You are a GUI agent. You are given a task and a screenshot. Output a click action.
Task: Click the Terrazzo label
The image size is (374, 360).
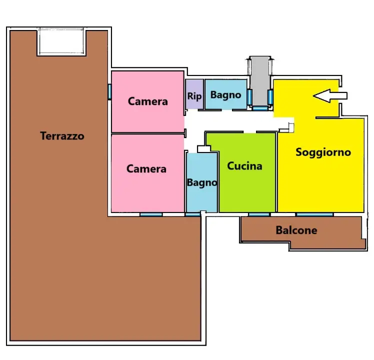tap(62, 136)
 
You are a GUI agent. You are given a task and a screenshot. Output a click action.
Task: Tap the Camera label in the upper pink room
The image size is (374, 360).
tap(148, 101)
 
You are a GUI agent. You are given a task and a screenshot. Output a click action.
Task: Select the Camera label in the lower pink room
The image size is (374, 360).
tap(146, 169)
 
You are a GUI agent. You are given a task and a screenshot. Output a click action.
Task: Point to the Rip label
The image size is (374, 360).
tap(194, 96)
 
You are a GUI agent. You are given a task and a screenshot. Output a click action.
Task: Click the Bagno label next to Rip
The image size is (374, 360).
tap(225, 95)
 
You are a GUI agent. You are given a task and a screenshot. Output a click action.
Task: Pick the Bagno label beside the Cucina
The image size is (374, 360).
tap(202, 183)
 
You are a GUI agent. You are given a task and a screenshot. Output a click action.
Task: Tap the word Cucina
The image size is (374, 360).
tap(244, 166)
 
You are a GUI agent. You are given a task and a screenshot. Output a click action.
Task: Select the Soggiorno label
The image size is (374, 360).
tap(323, 152)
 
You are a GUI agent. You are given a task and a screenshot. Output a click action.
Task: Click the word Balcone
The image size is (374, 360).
tap(296, 230)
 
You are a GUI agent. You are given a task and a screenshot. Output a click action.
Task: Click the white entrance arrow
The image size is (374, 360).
tap(330, 96)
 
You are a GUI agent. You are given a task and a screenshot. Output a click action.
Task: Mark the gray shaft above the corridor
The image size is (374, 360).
tap(260, 81)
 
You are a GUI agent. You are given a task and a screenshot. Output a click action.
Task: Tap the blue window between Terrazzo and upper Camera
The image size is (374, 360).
tap(109, 91)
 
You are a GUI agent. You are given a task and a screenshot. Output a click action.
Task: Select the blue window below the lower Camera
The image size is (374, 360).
tap(151, 214)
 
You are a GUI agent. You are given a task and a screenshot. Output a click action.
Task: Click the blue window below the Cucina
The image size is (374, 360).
tap(259, 214)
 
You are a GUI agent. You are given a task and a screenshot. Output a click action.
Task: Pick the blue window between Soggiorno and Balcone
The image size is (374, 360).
tap(314, 214)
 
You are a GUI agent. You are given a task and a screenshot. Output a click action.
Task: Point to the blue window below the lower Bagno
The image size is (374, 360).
tap(192, 214)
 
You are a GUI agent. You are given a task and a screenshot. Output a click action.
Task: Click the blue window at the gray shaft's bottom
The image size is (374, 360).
tap(260, 108)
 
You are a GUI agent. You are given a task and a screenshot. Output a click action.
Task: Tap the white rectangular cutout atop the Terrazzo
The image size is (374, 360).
tap(61, 41)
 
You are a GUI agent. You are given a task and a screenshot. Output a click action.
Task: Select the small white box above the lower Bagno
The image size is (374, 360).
tap(204, 149)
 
